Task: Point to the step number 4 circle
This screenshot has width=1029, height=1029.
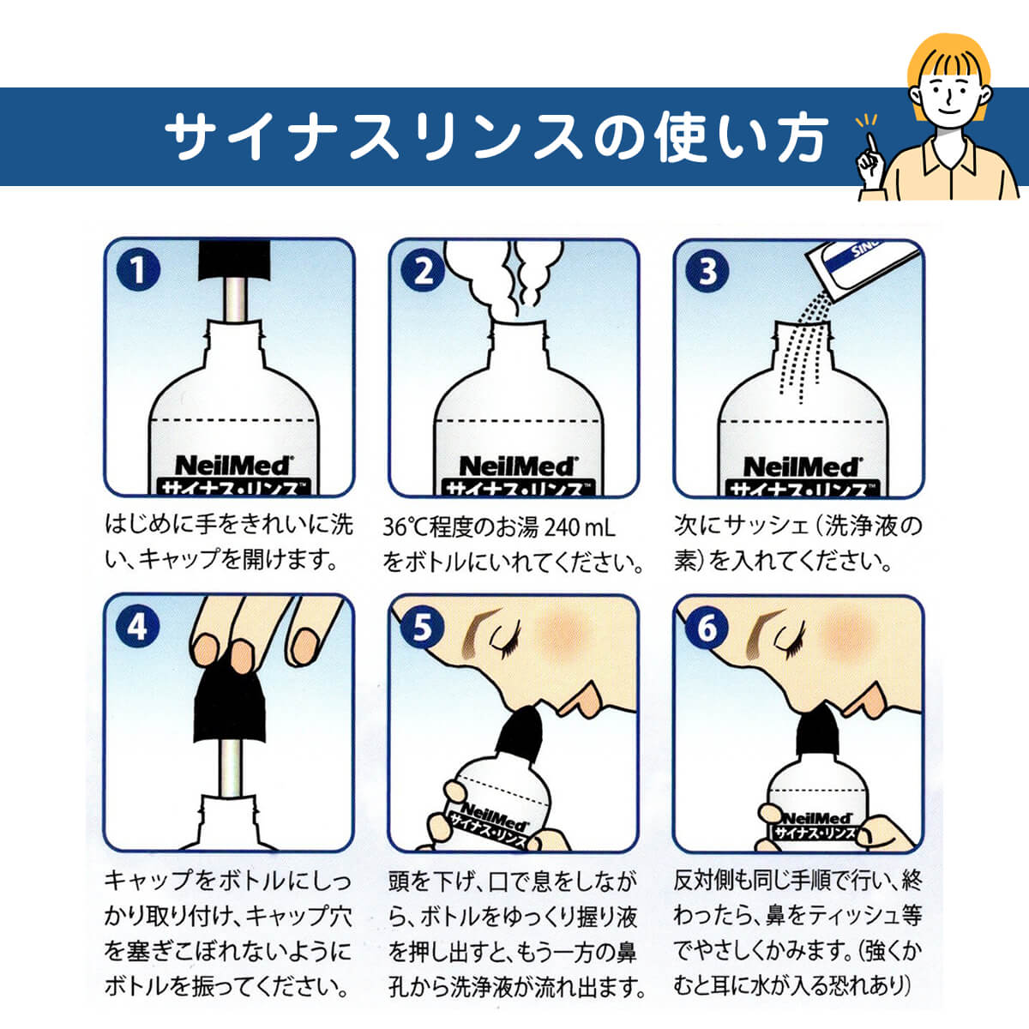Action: point(137,627)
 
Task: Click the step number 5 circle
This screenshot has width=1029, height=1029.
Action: point(422,627)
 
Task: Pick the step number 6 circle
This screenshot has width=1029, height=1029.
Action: point(707,628)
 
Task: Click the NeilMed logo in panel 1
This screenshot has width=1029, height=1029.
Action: point(232,466)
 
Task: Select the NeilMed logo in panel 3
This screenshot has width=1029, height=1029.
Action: point(802,467)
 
